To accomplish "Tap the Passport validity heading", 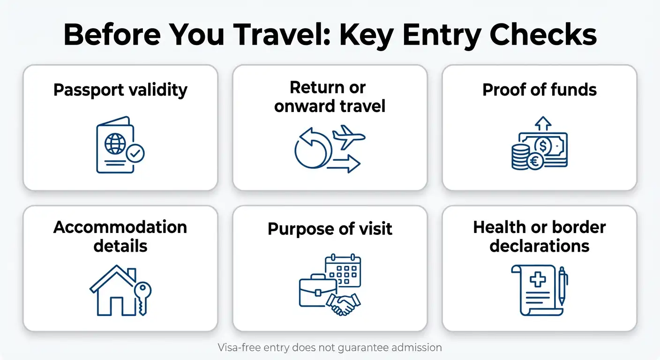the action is point(120,90).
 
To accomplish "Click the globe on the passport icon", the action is point(115,144).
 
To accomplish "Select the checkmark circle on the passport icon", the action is point(135,153).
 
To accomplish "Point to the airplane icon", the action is point(349,137).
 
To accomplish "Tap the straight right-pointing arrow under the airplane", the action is point(344,164).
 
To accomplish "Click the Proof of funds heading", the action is point(540,90).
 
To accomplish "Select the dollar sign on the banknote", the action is point(543,146).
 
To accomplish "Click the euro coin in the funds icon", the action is point(535,161).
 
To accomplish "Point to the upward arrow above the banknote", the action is point(543,123).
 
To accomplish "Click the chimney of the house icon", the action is point(131,274).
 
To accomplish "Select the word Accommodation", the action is point(120,227).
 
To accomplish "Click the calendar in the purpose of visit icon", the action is point(343,270).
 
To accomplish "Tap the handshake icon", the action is point(343,304).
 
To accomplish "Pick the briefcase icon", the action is point(318,291).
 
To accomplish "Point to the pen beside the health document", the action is point(562,286).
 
